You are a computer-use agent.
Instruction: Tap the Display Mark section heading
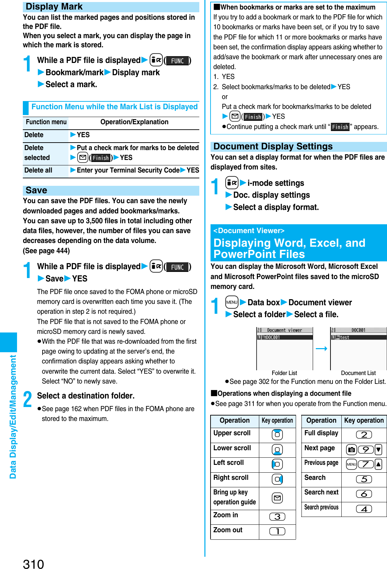[x=54, y=7]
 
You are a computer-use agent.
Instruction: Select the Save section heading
[x=36, y=190]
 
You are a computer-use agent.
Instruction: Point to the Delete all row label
[x=38, y=170]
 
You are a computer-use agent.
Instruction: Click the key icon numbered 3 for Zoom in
[x=277, y=517]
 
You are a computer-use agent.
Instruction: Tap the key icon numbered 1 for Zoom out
[x=277, y=531]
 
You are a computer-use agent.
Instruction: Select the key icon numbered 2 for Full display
[x=364, y=435]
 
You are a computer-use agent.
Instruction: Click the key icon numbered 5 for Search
[x=364, y=479]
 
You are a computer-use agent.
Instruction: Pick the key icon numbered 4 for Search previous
[x=364, y=509]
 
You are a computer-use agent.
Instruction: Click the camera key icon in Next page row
[x=352, y=450]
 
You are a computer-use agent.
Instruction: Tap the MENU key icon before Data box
[x=232, y=302]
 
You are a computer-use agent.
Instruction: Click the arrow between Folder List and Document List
[x=321, y=348]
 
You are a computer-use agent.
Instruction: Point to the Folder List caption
[x=284, y=373]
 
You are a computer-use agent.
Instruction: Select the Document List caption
[x=358, y=373]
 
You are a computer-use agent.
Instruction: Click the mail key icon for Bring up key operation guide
[x=277, y=498]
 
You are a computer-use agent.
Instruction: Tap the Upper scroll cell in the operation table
[x=232, y=433]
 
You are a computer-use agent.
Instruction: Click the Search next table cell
[x=321, y=492]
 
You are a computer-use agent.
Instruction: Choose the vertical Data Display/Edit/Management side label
[x=13, y=417]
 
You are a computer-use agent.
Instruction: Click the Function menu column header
[x=46, y=122]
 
